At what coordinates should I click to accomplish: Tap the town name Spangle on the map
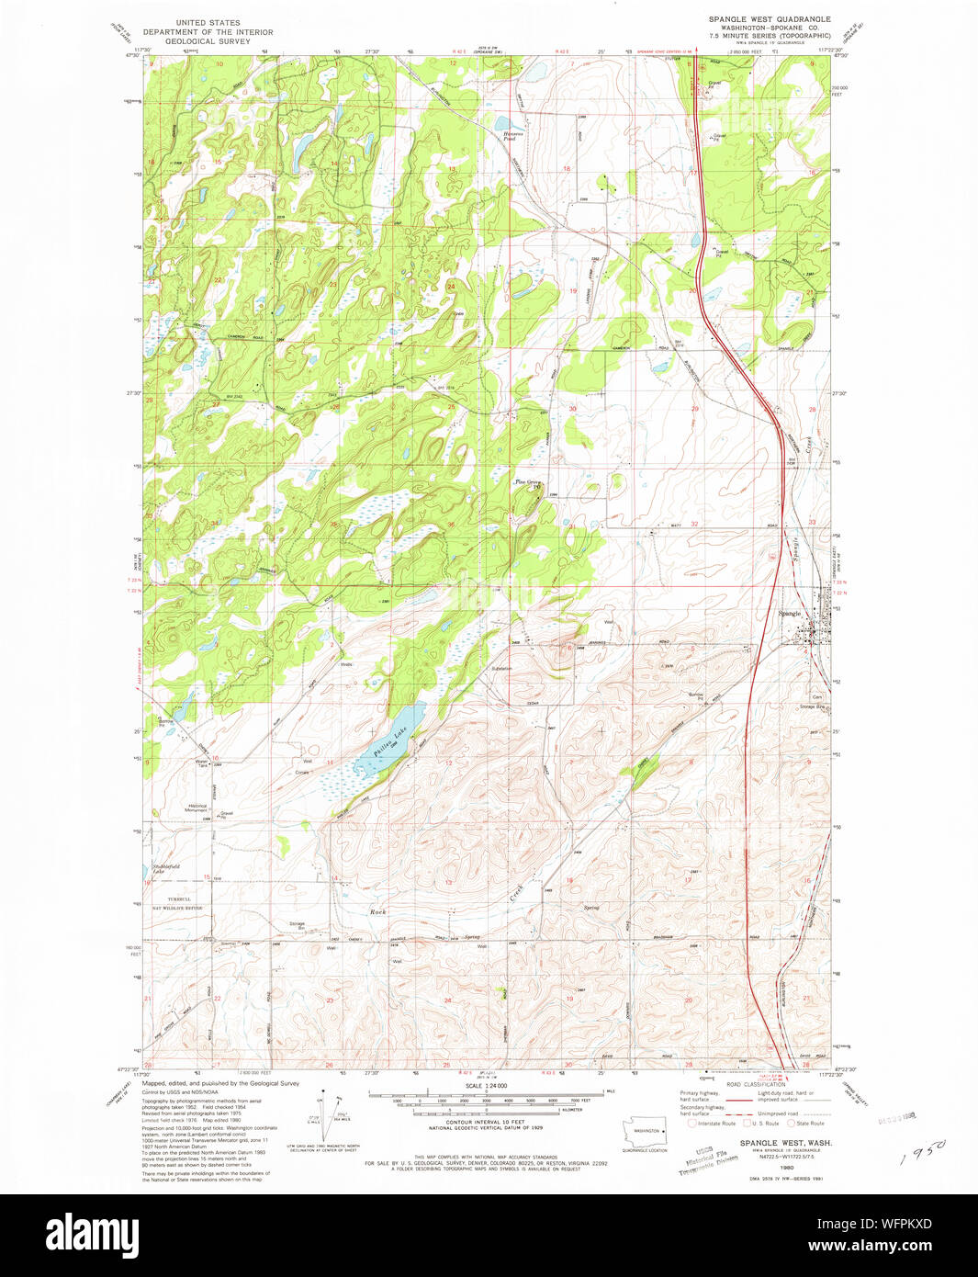click(790, 613)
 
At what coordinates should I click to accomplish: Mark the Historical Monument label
click(197, 808)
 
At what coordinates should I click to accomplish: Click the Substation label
click(500, 668)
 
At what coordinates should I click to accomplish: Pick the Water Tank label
click(201, 762)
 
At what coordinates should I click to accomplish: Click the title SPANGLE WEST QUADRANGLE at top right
click(769, 19)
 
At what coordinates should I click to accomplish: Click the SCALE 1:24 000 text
click(486, 1085)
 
